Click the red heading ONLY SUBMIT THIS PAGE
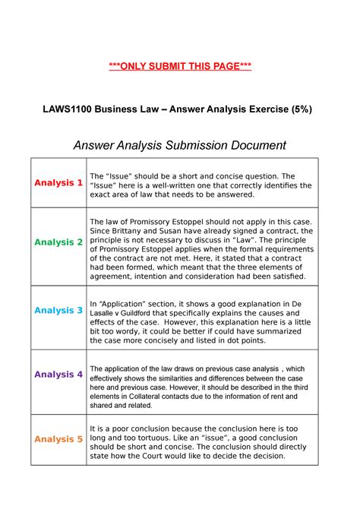pyautogui.click(x=180, y=67)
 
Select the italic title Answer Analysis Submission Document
pyautogui.click(x=179, y=144)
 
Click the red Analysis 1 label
pyautogui.click(x=58, y=183)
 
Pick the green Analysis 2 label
pyautogui.click(x=58, y=242)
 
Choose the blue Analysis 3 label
pyautogui.click(x=58, y=311)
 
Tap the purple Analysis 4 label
pyautogui.click(x=58, y=375)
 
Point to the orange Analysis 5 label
pyautogui.click(x=58, y=439)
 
